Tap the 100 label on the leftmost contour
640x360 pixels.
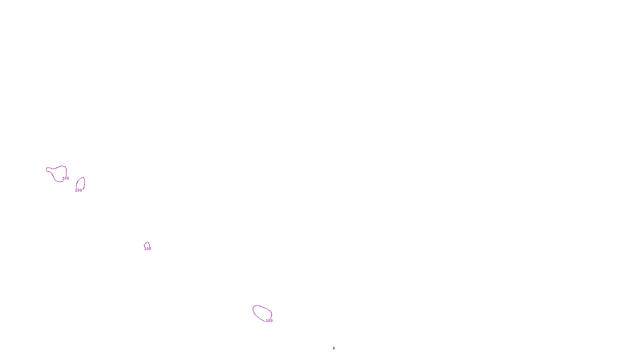[x=66, y=178]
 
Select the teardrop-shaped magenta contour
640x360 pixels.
[x=80, y=184]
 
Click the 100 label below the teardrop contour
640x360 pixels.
[x=78, y=190]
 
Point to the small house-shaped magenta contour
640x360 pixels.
[x=147, y=244]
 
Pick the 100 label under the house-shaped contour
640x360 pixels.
[x=148, y=249]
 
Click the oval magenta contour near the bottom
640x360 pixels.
[x=262, y=313]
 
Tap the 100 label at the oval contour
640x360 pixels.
[x=269, y=321]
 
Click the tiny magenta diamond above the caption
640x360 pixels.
[x=334, y=348]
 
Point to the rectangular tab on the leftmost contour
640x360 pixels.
[x=48, y=170]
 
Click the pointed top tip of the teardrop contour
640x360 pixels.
[x=83, y=177]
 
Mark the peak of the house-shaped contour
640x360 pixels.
[x=147, y=242]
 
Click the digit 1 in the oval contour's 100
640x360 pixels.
[x=267, y=321]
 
